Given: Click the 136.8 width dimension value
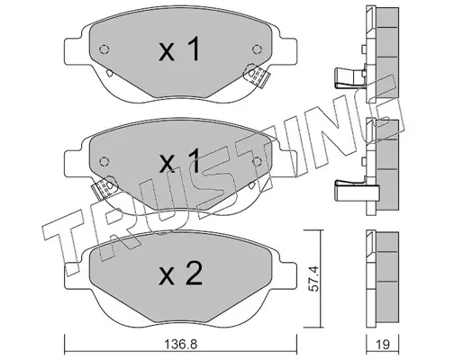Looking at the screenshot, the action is tap(181, 344).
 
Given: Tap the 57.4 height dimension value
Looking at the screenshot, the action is tap(313, 278).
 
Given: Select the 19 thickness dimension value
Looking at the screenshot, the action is tap(382, 344).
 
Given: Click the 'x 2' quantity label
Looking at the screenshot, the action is tap(181, 274).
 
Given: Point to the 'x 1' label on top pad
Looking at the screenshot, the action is tap(179, 49).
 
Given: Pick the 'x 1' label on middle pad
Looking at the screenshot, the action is tap(179, 161).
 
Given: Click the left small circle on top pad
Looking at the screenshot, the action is tap(104, 49).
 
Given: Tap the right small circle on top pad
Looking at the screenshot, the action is tap(257, 49).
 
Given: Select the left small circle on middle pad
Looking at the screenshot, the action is tap(104, 162).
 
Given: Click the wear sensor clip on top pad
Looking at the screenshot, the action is tap(257, 75).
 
